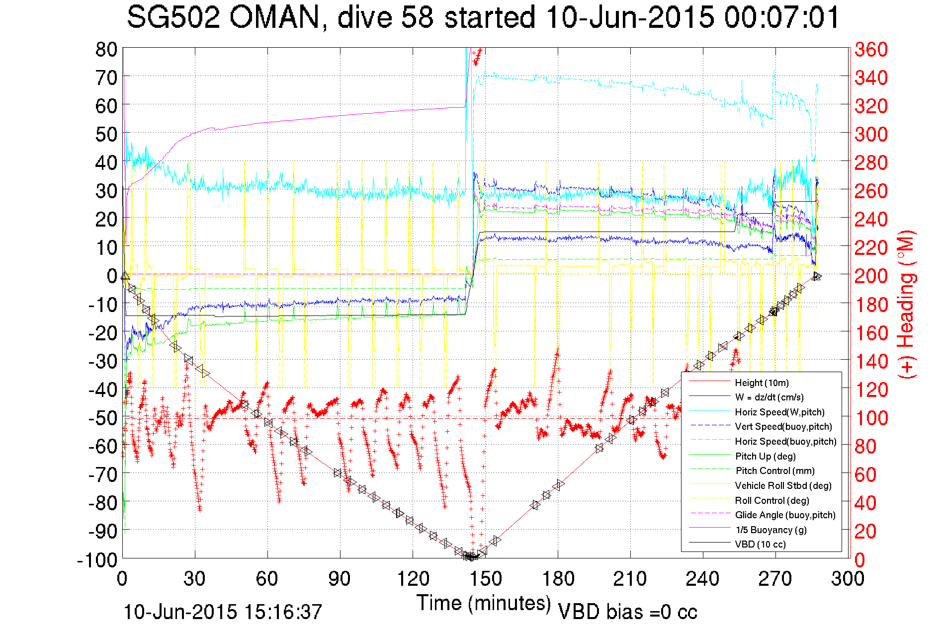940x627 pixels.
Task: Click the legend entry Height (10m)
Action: pos(762,383)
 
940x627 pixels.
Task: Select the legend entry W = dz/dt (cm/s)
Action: pos(769,397)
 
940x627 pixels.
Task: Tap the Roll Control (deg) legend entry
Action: pos(771,500)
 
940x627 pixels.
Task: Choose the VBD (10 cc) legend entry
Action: pos(760,545)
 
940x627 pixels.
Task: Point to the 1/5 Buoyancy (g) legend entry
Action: pos(770,530)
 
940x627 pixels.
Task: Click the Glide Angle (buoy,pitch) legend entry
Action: pos(785,515)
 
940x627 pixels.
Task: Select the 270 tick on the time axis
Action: pos(775,579)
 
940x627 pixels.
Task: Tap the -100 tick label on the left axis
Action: pos(97,560)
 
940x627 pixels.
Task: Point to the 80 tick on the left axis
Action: pos(106,49)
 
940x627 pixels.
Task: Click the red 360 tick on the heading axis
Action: pos(871,49)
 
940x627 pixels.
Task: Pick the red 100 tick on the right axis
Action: pos(871,418)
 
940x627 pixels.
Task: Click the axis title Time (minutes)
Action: pos(484,603)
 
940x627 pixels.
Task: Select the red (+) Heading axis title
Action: pos(906,304)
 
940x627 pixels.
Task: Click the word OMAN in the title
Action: pos(274,17)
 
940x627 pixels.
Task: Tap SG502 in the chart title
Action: pos(172,17)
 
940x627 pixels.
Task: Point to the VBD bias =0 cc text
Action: pos(627,612)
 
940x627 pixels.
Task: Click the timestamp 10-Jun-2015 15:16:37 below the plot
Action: pos(223,612)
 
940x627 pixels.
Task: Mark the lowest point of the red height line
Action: pos(471,557)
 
